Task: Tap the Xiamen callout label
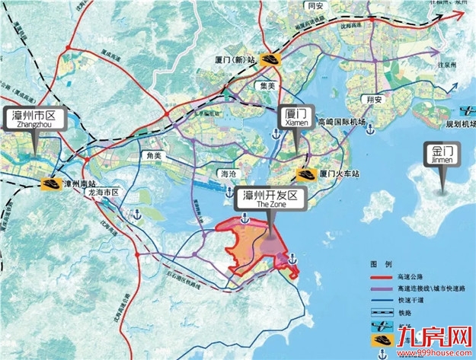click(292, 115)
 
